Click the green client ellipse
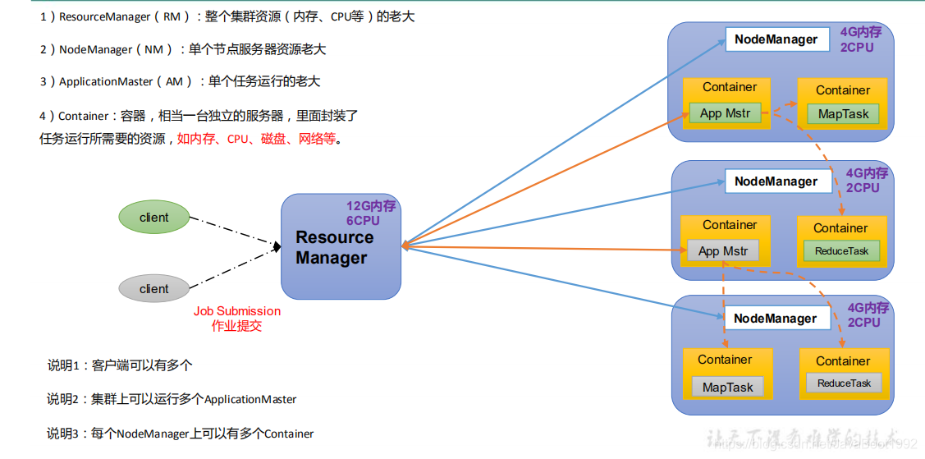[x=154, y=218]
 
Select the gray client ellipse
[x=154, y=289]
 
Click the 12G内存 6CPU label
[x=370, y=213]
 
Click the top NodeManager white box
[x=776, y=39]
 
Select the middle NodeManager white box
[x=776, y=181]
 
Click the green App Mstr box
[x=725, y=113]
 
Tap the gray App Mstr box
[x=723, y=251]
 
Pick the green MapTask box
[x=843, y=114]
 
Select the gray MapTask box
[x=727, y=388]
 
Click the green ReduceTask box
[x=841, y=251]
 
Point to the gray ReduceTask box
[x=844, y=383]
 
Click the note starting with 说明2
[x=172, y=399]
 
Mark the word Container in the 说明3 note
[x=289, y=433]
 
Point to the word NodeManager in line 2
[x=95, y=49]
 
